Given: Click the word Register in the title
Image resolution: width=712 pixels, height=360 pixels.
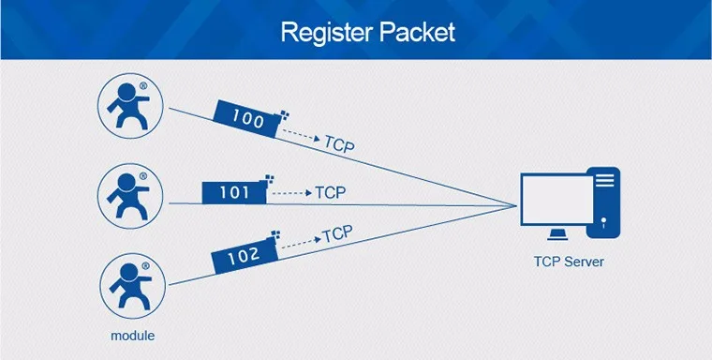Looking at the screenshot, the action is (x=327, y=33).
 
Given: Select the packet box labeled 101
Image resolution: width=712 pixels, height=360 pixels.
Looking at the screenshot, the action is (x=234, y=193).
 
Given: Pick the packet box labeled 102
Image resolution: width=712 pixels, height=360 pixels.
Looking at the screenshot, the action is (x=245, y=255).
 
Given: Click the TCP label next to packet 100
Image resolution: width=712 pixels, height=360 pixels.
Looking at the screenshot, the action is (x=339, y=144).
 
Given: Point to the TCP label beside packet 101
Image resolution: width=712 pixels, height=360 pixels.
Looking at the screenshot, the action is (x=330, y=192).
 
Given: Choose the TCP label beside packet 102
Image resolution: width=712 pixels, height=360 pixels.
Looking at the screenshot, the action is (x=337, y=234).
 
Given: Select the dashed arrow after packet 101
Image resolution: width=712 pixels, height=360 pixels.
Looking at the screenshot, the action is (x=292, y=193).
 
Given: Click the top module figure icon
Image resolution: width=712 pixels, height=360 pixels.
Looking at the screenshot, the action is (x=130, y=106).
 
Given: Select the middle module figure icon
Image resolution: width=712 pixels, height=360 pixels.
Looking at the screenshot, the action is (x=130, y=196).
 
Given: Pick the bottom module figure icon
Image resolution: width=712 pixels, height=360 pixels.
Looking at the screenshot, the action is (x=133, y=286).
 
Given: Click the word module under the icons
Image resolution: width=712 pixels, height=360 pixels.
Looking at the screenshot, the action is (x=133, y=336).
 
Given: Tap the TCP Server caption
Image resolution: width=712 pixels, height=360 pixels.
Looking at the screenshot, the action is (x=569, y=262).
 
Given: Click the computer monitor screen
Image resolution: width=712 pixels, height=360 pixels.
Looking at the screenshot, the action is (x=557, y=199).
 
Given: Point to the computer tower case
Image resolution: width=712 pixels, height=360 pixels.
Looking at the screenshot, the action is (x=603, y=202).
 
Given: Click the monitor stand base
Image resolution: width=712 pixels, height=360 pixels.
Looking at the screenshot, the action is (x=556, y=234).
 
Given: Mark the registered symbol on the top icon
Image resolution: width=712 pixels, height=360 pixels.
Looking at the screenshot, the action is (x=143, y=85).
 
